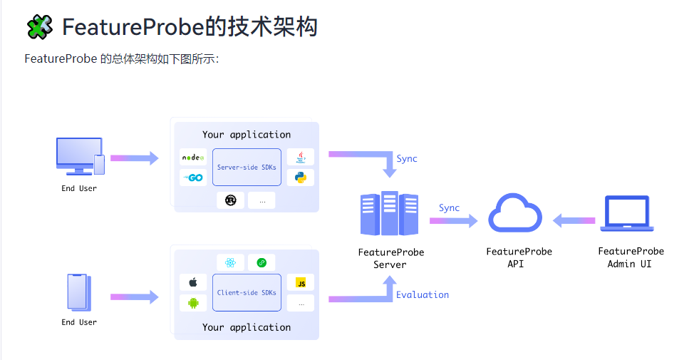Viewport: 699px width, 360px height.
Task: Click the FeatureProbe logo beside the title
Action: [39, 27]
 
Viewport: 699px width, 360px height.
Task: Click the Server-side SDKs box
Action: [247, 167]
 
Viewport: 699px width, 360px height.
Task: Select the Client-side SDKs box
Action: [247, 292]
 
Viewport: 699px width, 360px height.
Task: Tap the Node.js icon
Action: [193, 157]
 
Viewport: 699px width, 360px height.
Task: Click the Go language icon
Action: [193, 178]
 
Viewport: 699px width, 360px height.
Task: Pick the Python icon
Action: [301, 178]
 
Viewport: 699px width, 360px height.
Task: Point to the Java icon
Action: [301, 157]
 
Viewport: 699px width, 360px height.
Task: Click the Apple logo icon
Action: [193, 282]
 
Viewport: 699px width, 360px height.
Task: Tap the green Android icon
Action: [193, 303]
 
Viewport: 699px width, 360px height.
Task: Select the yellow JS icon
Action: [301, 282]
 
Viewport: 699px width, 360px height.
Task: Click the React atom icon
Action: [230, 262]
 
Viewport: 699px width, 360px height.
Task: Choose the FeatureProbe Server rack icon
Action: [389, 214]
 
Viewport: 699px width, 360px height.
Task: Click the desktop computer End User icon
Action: [79, 156]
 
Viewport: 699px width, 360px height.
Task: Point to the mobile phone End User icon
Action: [78, 292]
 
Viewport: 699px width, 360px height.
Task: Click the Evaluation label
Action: [423, 294]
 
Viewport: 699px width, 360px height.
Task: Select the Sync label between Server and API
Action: [449, 207]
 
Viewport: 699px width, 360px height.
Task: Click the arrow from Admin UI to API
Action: [574, 221]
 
